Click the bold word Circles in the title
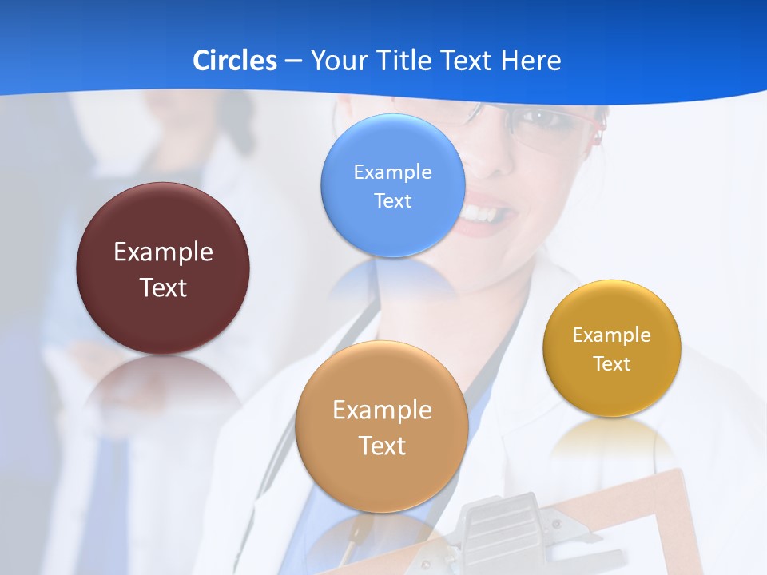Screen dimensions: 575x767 coord(234,61)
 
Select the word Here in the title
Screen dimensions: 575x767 coord(531,61)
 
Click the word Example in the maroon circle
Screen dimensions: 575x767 coord(163,252)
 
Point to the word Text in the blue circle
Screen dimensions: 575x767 coord(392,200)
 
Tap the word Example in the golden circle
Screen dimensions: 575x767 coord(612,335)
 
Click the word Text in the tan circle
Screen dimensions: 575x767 coord(382,446)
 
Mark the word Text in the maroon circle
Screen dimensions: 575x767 coord(163,287)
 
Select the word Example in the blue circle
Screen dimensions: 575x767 coord(392,172)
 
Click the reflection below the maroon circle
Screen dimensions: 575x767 coord(163,383)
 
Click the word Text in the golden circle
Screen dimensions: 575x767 coord(612,364)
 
